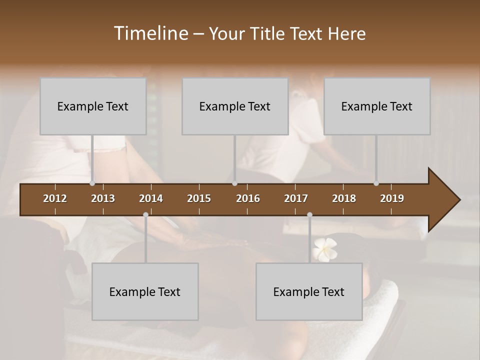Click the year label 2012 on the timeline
click(55, 198)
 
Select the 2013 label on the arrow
click(103, 198)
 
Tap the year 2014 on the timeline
click(151, 198)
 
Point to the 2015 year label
click(199, 198)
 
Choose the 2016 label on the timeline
click(248, 198)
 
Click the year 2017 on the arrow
click(296, 198)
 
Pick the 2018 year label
click(344, 198)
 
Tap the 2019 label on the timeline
click(392, 198)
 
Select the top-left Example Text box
click(93, 106)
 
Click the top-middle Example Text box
click(235, 106)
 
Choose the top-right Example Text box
click(377, 106)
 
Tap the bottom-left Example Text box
click(145, 291)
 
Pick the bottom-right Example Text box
click(309, 291)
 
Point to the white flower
click(324, 249)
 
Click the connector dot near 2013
click(92, 183)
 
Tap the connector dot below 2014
click(145, 215)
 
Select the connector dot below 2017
click(309, 215)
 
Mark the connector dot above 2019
click(376, 183)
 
